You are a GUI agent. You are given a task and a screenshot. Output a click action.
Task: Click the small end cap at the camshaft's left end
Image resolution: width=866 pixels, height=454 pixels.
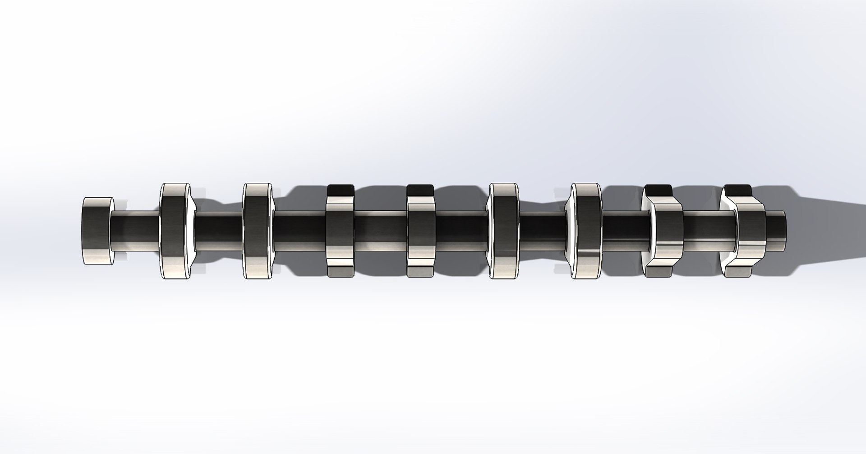97,231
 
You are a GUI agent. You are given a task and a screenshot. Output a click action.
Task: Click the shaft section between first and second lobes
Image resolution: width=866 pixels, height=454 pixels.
218,231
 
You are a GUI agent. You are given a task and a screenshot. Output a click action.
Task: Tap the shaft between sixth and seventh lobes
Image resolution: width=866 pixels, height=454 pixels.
625,231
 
